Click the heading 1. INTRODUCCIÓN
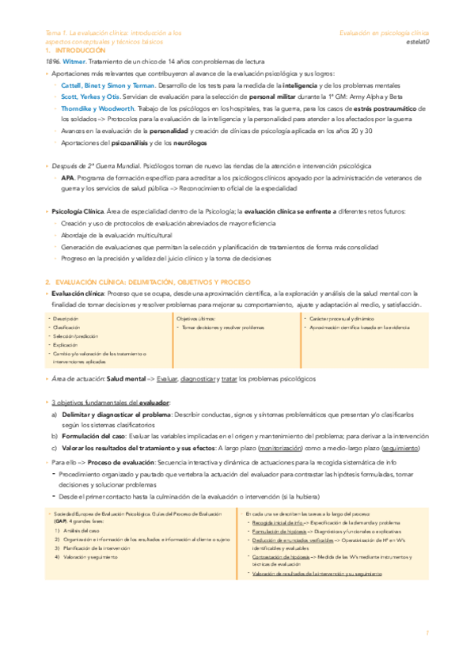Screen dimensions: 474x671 click(76, 50)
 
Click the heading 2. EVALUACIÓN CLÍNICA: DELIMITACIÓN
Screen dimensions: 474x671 click(147, 282)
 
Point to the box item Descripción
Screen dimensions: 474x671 click(70, 318)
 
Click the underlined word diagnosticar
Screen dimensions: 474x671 click(203, 380)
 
